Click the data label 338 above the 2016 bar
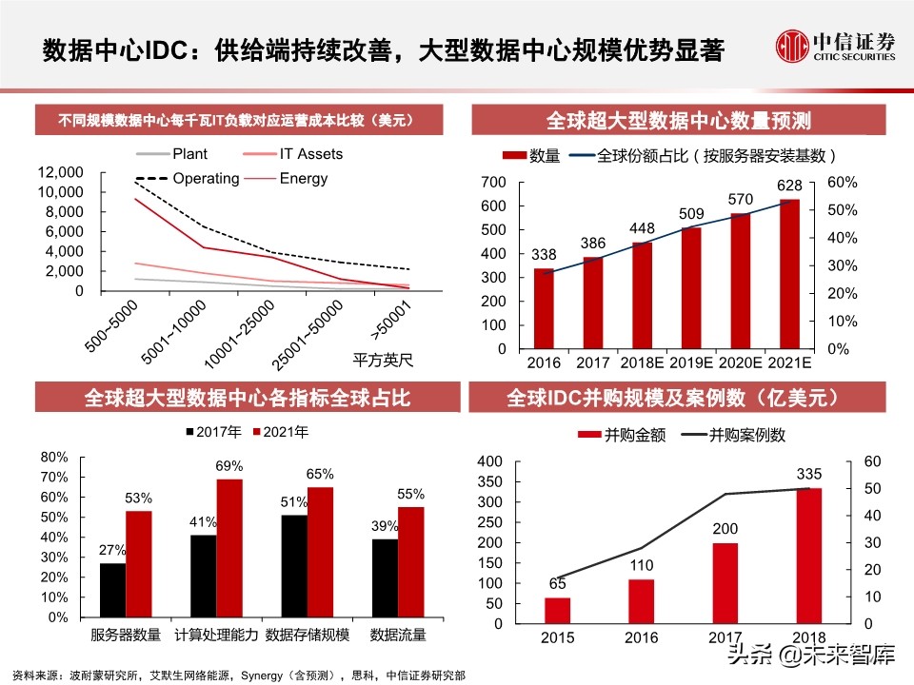click(x=545, y=254)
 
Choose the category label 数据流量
click(x=398, y=635)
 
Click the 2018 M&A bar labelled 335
click(x=808, y=557)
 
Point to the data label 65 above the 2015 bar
click(x=558, y=584)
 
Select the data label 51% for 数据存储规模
click(x=293, y=502)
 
